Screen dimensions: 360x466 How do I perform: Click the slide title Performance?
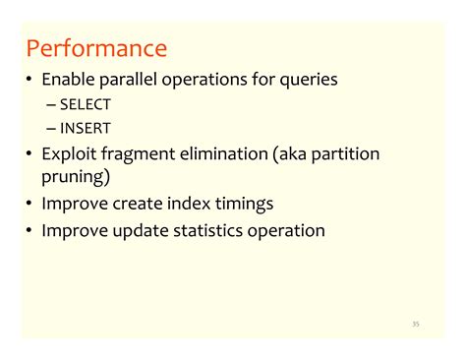(x=96, y=48)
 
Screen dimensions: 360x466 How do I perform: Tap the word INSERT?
(x=86, y=128)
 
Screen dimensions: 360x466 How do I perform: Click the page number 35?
(x=416, y=323)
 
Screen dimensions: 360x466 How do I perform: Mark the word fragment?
(x=141, y=154)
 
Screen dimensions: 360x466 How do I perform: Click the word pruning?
(x=75, y=178)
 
